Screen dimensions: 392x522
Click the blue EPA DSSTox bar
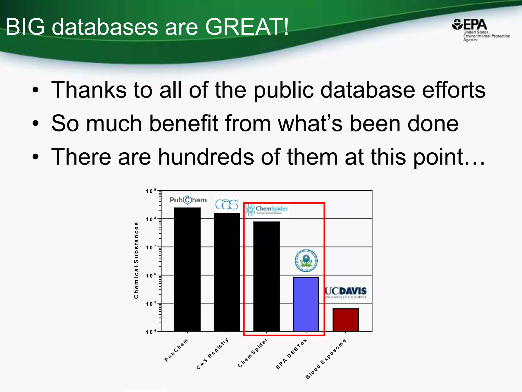(306, 304)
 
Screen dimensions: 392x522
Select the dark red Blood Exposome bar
(345, 320)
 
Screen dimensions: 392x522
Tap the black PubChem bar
(187, 269)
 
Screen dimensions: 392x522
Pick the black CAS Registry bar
(227, 272)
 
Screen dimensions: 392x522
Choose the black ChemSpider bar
(266, 276)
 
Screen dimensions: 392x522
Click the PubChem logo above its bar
(188, 200)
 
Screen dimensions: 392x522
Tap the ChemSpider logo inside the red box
(266, 210)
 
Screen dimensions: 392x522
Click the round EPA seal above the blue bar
(306, 261)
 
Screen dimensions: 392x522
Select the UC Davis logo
(346, 292)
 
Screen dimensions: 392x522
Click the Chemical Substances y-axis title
(136, 260)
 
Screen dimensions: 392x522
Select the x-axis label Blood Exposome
(326, 359)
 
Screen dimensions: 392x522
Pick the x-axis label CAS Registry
(213, 354)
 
